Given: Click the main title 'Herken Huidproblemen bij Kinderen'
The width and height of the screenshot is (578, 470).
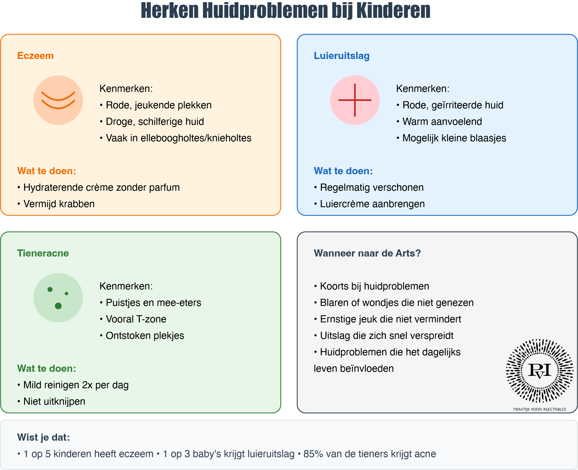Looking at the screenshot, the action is [285, 11].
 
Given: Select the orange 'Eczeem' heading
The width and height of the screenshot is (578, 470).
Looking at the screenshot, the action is [35, 56].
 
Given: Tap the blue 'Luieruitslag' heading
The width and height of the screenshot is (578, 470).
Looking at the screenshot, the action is [341, 56].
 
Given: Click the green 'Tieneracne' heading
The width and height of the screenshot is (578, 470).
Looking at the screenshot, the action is [43, 253].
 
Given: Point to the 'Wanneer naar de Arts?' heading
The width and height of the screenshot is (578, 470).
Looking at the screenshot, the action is [367, 253].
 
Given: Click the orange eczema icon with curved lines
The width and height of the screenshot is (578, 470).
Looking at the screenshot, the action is [58, 100].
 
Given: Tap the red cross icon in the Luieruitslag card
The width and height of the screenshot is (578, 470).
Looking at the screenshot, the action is [355, 100].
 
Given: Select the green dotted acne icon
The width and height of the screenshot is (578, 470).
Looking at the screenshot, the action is [58, 298].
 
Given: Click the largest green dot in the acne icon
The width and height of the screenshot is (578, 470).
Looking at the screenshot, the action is [58, 306].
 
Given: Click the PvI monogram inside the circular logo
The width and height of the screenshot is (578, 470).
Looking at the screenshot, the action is [540, 370].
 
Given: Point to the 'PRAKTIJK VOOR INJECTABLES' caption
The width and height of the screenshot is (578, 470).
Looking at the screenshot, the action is [540, 409].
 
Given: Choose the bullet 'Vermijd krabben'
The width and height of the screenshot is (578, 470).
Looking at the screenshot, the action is [56, 204].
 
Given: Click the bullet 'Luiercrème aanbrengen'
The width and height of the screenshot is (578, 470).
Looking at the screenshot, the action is [369, 204].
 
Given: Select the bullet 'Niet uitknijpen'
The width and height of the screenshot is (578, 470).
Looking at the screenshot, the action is [51, 401].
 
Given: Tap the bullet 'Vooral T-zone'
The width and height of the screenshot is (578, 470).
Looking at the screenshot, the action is [133, 319].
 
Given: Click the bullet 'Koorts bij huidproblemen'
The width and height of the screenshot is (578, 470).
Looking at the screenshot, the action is [371, 286].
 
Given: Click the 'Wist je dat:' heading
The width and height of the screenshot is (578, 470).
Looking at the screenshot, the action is [43, 437].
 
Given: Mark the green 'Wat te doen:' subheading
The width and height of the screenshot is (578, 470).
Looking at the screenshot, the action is [46, 368].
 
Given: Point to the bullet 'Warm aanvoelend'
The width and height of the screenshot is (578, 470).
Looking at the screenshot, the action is [439, 122].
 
